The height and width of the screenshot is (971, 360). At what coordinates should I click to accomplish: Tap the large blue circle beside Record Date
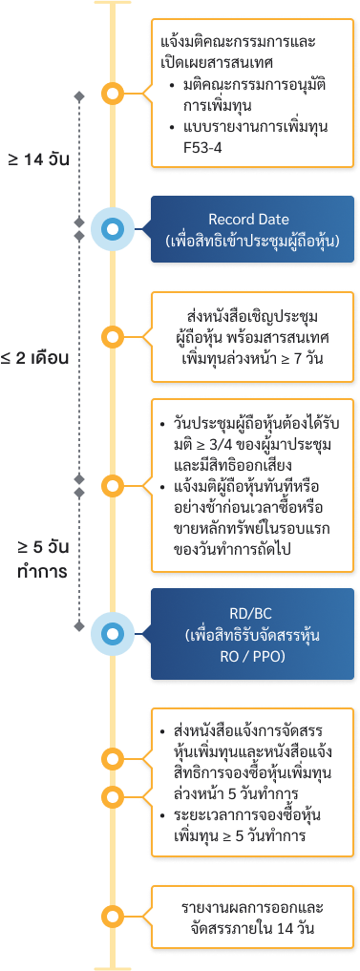pyautogui.click(x=113, y=229)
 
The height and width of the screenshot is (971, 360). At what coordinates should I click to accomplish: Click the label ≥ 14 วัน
pyautogui.click(x=39, y=158)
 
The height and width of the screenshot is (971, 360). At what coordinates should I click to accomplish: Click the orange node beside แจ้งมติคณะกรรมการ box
pyautogui.click(x=113, y=94)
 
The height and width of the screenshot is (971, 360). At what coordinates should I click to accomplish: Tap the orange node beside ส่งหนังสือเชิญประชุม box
pyautogui.click(x=113, y=336)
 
